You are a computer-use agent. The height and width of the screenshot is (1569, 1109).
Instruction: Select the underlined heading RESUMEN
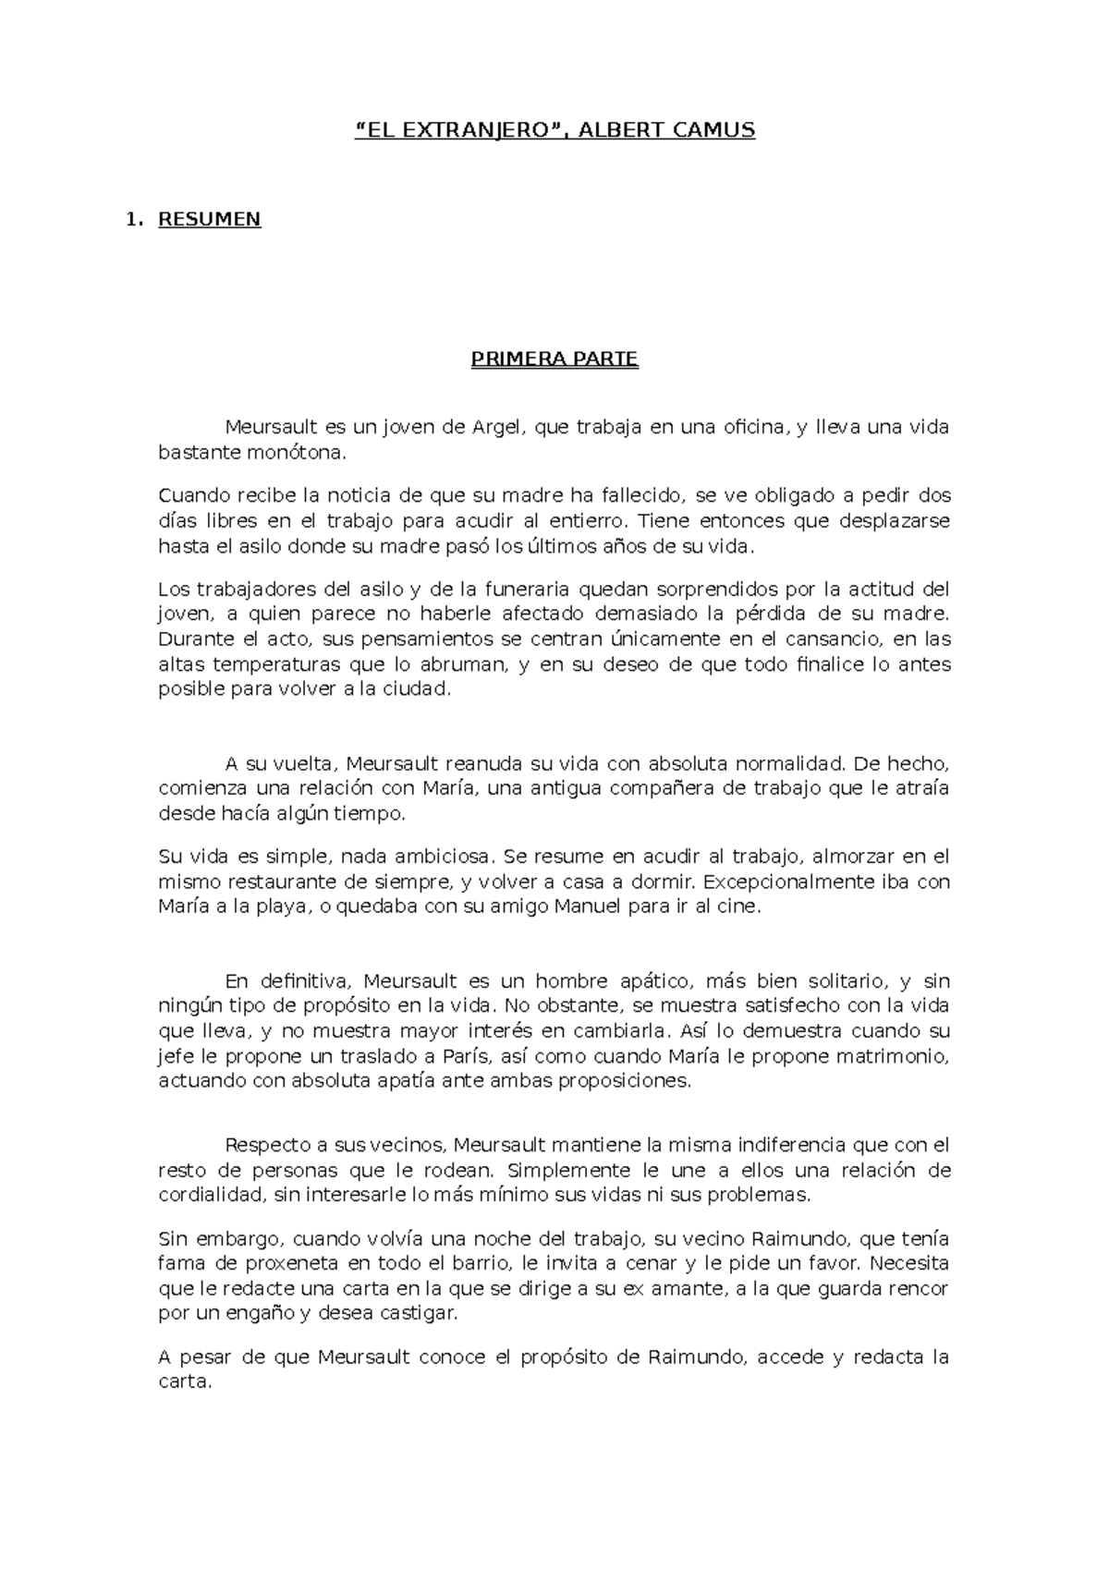tap(210, 220)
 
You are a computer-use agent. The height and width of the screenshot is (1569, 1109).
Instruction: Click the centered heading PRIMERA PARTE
tap(554, 359)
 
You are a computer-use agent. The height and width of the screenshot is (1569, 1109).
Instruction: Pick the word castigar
tap(416, 1313)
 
